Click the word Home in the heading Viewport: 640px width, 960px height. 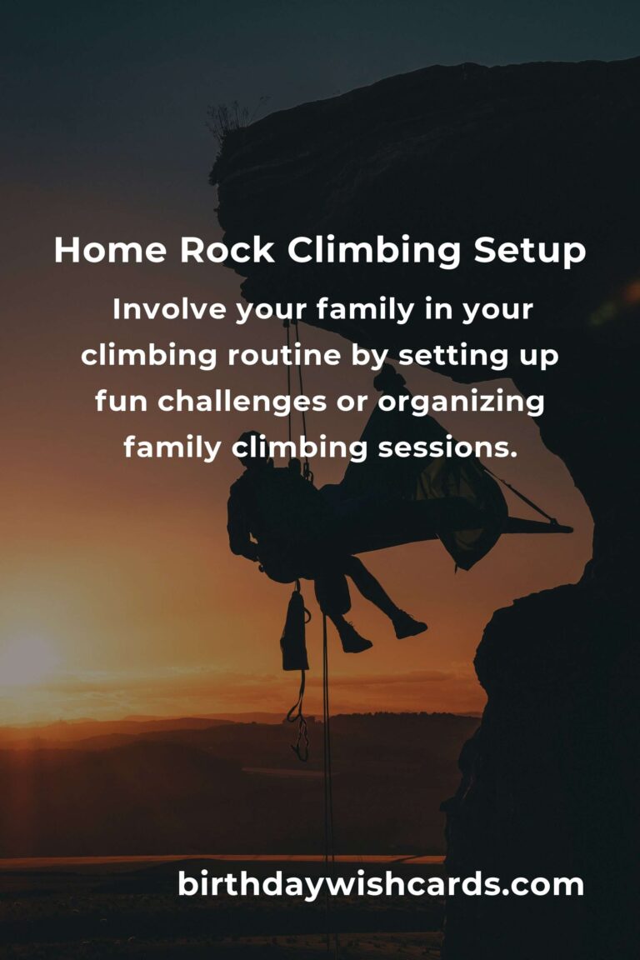[x=110, y=250]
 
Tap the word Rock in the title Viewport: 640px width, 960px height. [x=227, y=250]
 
